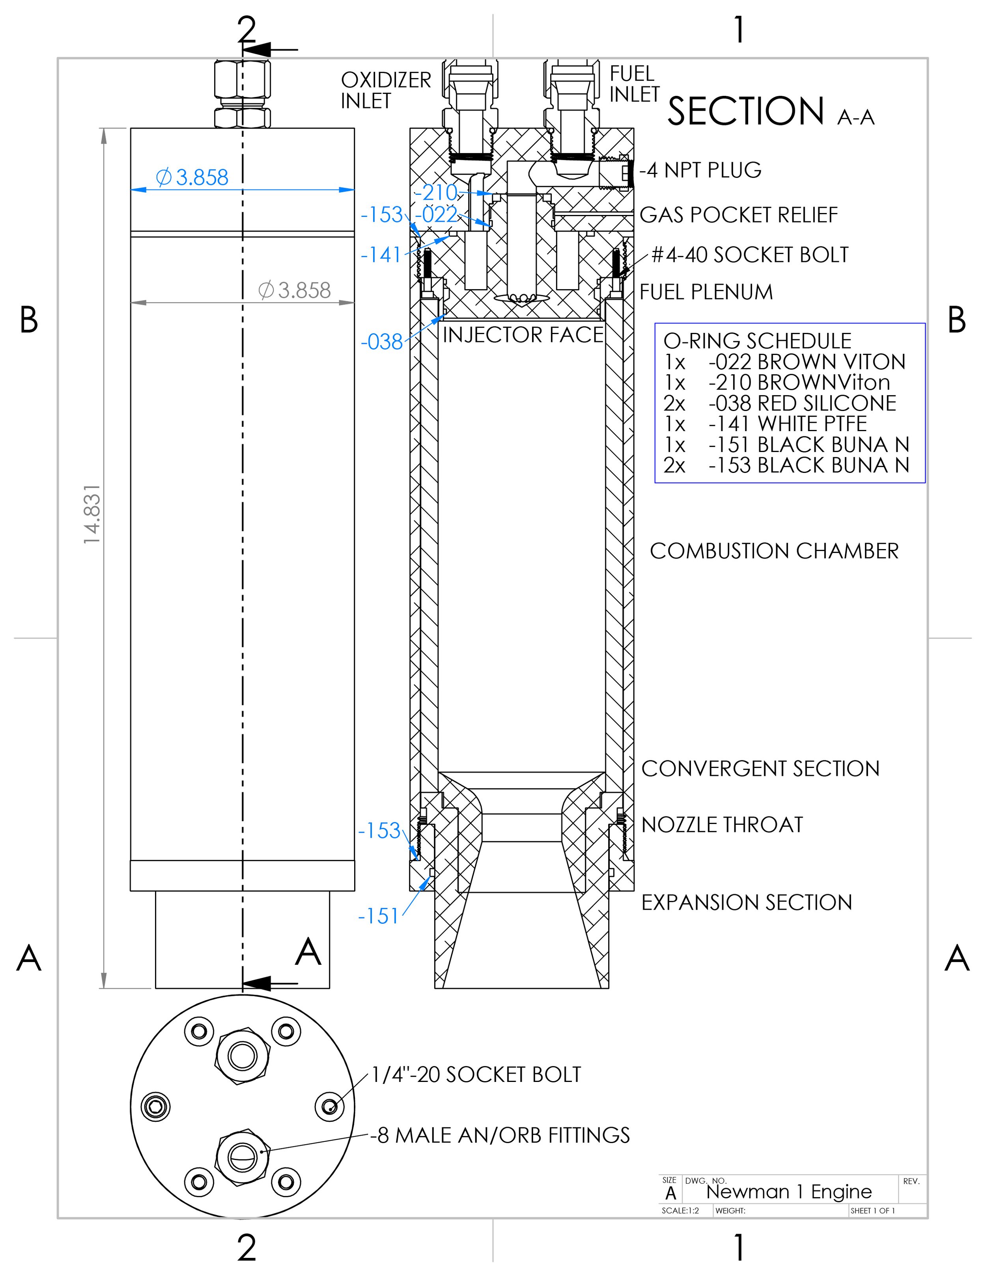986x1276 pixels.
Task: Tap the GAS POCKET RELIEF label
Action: click(x=738, y=215)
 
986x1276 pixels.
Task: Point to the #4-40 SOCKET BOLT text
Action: click(x=749, y=255)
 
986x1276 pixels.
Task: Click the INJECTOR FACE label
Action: click(x=523, y=335)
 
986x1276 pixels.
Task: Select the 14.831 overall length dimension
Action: click(x=92, y=514)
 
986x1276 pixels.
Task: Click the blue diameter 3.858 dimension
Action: click(x=193, y=177)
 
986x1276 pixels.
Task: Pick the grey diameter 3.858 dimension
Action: click(x=295, y=290)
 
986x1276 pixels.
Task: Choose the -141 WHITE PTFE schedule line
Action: click(x=765, y=424)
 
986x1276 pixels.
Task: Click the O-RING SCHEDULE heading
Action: click(x=757, y=341)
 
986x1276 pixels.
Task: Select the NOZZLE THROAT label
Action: click(x=722, y=824)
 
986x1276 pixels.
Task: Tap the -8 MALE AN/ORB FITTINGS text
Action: click(x=500, y=1135)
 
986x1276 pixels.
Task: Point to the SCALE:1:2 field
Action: click(x=680, y=1211)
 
